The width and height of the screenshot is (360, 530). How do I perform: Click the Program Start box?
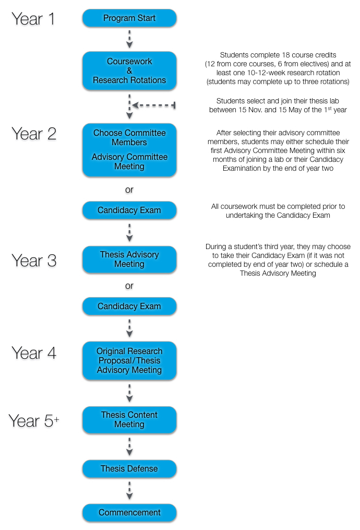129,18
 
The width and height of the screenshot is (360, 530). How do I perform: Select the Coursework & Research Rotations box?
129,70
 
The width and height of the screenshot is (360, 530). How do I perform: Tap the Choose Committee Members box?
129,150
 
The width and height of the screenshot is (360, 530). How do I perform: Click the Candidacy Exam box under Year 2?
129,210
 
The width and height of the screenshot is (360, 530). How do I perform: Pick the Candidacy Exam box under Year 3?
129,306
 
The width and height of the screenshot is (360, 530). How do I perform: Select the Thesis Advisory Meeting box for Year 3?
129,259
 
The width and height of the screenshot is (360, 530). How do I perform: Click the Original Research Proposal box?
129,361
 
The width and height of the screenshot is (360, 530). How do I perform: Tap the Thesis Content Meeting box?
129,420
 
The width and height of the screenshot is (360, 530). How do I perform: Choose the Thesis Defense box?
129,469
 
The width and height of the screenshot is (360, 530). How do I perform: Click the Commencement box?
129,513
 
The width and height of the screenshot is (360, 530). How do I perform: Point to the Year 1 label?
33,19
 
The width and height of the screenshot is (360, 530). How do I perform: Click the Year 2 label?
34,134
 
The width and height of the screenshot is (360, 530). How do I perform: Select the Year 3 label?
34,261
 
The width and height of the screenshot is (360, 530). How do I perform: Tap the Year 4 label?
34,353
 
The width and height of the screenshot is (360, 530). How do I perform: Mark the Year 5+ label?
34,421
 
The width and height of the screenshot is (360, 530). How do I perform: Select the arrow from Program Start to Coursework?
129,39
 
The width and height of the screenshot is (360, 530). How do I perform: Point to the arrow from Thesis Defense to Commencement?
129,490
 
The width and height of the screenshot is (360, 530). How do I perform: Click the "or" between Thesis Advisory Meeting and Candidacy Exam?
129,286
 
